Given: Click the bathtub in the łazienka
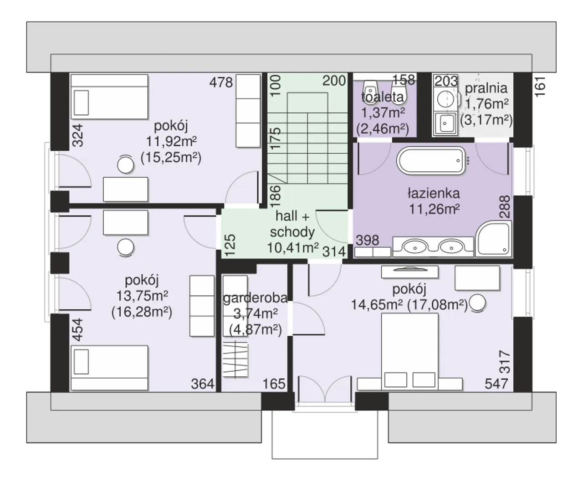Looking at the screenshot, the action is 431,161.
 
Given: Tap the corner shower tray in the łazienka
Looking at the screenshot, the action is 493,239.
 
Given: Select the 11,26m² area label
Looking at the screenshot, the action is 434,209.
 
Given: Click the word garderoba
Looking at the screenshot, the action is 255,299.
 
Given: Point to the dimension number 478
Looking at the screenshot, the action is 221,82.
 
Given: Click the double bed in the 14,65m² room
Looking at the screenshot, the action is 409,351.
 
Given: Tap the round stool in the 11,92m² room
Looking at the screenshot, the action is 125,165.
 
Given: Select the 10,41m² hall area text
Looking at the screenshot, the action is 293,247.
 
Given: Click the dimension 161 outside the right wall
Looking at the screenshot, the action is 540,87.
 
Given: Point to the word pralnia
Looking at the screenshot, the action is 486,88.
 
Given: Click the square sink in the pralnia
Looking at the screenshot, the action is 445,123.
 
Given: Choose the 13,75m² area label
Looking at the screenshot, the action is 142,296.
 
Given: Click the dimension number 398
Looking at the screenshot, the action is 368,240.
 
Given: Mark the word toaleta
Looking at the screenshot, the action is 383,97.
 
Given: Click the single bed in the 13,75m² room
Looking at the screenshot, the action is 109,368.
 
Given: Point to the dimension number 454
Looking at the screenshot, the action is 78,330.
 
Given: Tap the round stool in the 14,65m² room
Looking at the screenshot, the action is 477,303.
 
